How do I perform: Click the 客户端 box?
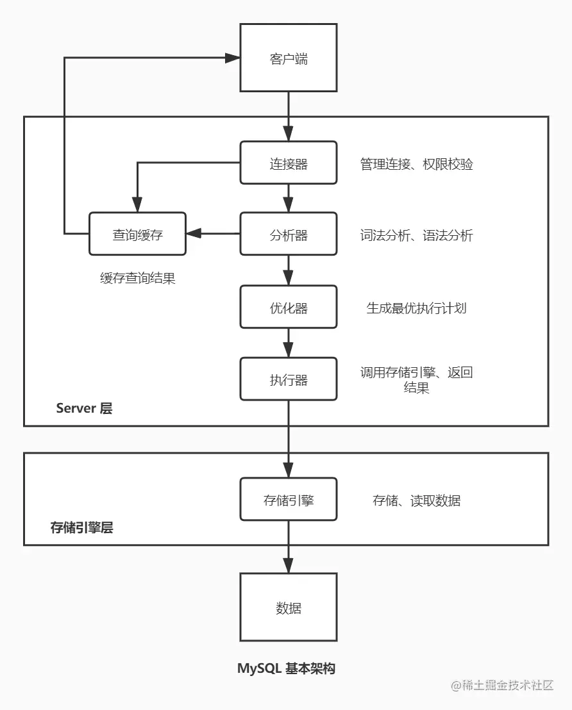[x=288, y=58]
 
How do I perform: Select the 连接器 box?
[x=288, y=164]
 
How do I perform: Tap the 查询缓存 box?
[x=137, y=235]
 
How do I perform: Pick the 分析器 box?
[x=288, y=235]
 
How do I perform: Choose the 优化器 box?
[x=288, y=308]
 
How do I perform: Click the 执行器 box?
[x=288, y=380]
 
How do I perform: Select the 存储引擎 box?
[x=288, y=500]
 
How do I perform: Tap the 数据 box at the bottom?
[x=288, y=607]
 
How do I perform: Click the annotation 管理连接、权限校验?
[x=416, y=164]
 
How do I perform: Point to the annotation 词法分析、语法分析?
[x=416, y=235]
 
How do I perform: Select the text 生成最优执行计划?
[x=416, y=308]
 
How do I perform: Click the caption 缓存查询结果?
[x=137, y=278]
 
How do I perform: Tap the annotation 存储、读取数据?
[x=416, y=500]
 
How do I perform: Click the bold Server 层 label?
[x=84, y=408]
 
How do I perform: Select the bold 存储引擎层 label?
[x=81, y=528]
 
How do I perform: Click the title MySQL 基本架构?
[x=286, y=668]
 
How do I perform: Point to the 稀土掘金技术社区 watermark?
[x=501, y=686]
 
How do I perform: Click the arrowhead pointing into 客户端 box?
[x=232, y=58]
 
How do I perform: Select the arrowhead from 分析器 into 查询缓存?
[x=193, y=235]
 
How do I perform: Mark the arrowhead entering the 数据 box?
[x=288, y=566]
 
